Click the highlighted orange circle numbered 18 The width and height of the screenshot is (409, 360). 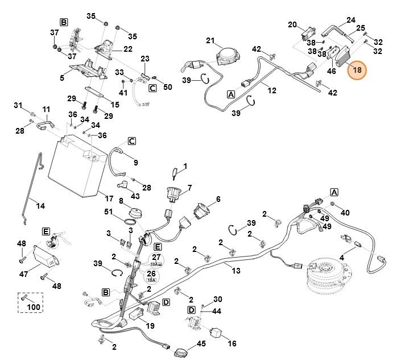tap(358, 70)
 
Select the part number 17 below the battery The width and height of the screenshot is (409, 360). tap(109, 198)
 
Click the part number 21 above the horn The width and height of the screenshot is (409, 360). tap(210, 41)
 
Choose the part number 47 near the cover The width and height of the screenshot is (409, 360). tap(24, 274)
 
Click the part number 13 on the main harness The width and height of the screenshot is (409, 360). tap(236, 271)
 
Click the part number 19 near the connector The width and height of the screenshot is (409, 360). tap(150, 326)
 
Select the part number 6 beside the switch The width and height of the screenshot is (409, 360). tap(217, 200)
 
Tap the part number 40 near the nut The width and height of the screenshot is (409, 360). tap(345, 212)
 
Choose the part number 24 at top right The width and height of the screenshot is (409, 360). tap(350, 19)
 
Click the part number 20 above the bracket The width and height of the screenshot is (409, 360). tap(292, 24)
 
